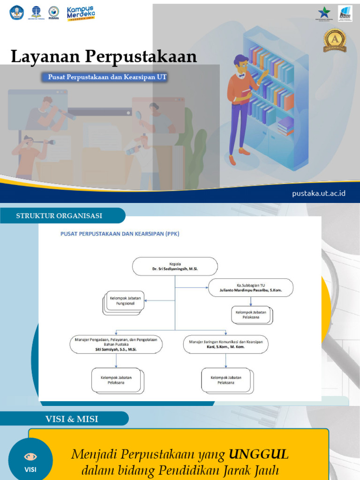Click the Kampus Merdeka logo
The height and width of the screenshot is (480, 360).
point(81,13)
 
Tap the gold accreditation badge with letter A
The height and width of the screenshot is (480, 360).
point(335,40)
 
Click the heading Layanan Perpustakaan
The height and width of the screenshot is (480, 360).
point(104,57)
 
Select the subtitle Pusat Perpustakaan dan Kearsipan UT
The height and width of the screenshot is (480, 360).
point(107,77)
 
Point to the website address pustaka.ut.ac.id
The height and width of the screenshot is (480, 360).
point(319,193)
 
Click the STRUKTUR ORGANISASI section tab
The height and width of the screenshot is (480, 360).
point(59,216)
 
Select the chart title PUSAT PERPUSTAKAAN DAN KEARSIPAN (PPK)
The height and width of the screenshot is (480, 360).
point(120,233)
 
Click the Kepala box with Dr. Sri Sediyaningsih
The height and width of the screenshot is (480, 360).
point(175,266)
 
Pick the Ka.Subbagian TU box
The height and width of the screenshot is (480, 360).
point(250,287)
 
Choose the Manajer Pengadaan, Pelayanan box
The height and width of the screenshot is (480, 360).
point(116,344)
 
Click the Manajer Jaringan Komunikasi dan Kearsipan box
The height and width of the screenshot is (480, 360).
point(225,344)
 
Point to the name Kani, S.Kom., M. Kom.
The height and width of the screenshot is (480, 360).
point(225,347)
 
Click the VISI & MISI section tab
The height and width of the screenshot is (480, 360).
point(72,419)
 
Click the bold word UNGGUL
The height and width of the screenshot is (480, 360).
point(259,454)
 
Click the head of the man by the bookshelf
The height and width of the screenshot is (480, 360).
point(241,64)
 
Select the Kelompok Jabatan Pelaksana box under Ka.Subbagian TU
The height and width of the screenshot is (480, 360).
point(251,315)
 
